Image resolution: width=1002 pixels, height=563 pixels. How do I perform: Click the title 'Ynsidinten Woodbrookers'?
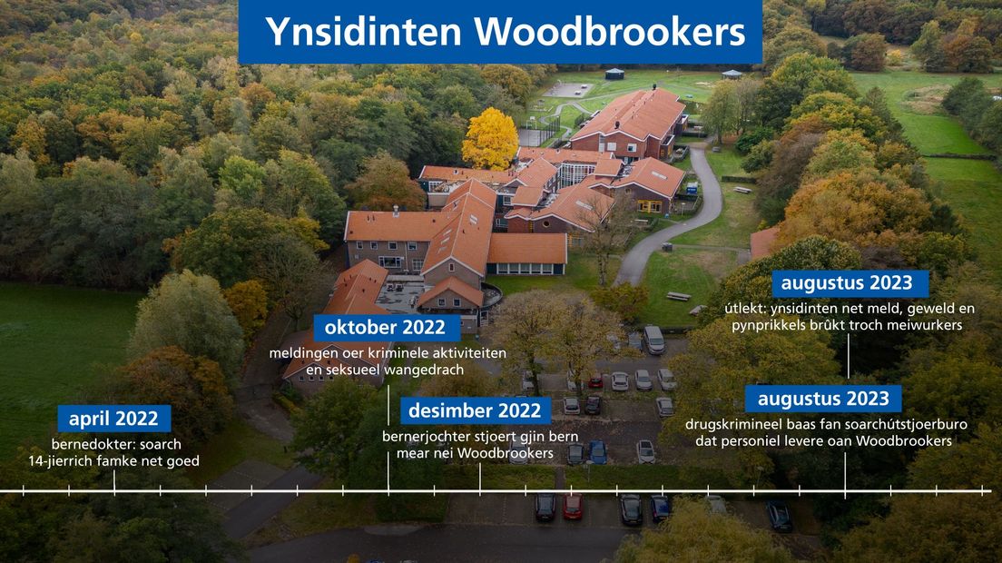[x=505, y=32]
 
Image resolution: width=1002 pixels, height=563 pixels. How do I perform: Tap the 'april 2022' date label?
[x=113, y=419]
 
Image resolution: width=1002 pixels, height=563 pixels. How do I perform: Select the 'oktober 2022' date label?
[x=386, y=328]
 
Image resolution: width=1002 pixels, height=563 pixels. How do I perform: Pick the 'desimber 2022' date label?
[x=475, y=410]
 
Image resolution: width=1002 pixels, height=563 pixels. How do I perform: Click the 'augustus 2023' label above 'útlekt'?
[x=846, y=283]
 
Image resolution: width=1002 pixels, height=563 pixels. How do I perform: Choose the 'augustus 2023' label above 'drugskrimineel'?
[x=823, y=399]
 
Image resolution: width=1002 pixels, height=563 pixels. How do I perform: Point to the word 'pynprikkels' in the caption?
[x=767, y=325]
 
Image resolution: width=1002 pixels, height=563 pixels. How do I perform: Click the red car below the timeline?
[x=573, y=506]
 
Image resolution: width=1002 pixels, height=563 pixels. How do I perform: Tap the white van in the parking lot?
[x=653, y=340]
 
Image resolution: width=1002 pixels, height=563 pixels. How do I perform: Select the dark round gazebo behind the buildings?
[x=614, y=74]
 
